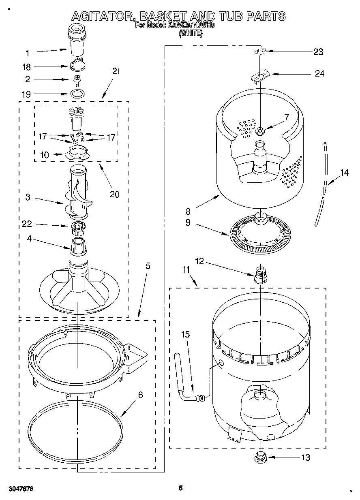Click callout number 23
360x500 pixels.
click(x=318, y=51)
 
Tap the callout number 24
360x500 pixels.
click(x=319, y=74)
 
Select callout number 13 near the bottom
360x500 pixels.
click(x=305, y=457)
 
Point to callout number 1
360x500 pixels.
click(x=27, y=53)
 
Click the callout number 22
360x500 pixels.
click(x=27, y=224)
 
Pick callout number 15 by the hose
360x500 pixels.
click(x=185, y=335)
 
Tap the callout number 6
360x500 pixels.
click(x=140, y=395)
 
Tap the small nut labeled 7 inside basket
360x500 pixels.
click(x=260, y=130)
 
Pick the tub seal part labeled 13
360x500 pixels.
click(x=259, y=458)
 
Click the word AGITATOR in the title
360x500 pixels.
click(x=103, y=16)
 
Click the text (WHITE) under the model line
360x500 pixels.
click(x=190, y=34)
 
